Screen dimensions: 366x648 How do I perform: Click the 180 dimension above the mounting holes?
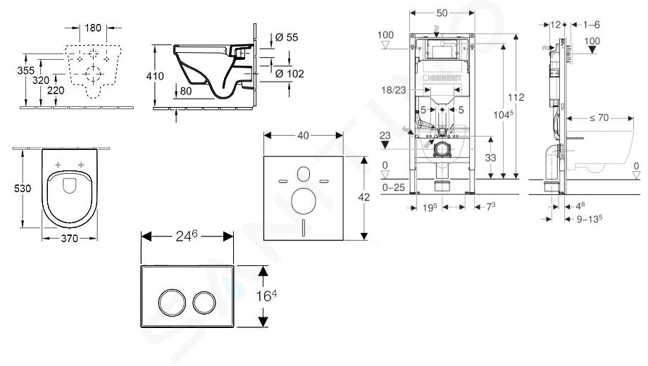pos(94,28)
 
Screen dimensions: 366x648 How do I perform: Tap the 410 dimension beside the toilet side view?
pos(156,75)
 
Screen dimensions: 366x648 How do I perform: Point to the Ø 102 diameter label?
pos(289,72)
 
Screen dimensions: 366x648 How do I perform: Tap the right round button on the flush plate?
pos(205,303)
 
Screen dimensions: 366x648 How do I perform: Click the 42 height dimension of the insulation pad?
pos(364,198)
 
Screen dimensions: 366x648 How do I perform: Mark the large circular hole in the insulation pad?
pos(304,201)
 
